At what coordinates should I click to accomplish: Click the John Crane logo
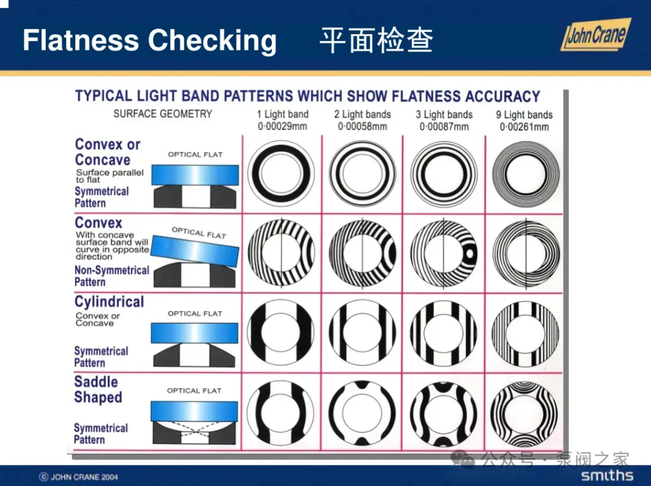point(596,36)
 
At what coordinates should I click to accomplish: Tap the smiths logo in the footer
point(607,476)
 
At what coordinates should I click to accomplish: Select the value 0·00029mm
point(282,126)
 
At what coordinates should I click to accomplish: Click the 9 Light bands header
point(524,114)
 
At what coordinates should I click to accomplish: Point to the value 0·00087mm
point(444,126)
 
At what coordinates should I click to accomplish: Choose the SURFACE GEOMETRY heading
point(163,114)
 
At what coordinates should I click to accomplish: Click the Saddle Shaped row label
point(98,390)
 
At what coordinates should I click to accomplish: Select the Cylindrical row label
point(109,302)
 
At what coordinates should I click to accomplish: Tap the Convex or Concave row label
point(107,152)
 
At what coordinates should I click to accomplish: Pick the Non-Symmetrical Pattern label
point(112,276)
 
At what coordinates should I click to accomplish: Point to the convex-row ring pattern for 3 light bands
point(444,253)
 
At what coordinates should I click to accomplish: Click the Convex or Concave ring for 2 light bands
point(362,174)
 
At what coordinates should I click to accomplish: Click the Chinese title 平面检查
point(376,40)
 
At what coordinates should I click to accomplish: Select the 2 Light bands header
point(362,114)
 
